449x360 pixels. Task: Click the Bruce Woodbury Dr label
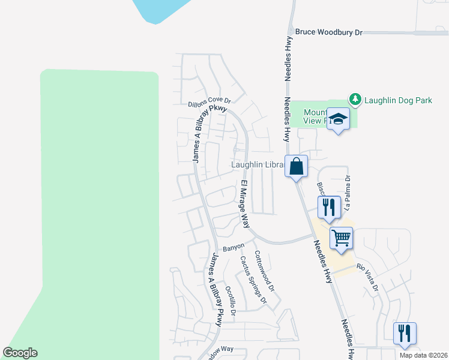329,32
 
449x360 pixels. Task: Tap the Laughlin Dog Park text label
399,100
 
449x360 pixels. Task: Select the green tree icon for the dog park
355,99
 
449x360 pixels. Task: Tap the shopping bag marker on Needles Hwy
296,166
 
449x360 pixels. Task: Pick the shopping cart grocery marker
341,237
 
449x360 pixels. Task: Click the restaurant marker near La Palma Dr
329,207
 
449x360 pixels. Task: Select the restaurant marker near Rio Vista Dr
405,333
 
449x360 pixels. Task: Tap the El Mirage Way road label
245,204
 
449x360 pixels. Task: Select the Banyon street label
234,247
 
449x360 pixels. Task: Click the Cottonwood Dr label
264,271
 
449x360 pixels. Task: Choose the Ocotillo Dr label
231,298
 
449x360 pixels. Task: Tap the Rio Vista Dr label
367,277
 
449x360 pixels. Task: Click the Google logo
20,353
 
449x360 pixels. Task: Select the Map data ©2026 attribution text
424,355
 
